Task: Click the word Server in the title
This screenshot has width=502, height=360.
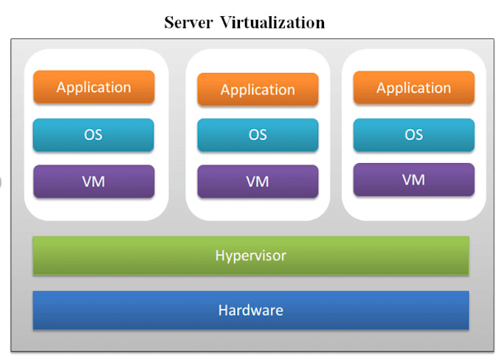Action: pos(188,22)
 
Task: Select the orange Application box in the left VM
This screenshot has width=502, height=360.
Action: pos(94,87)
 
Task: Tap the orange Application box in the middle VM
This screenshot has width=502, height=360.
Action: pos(258,90)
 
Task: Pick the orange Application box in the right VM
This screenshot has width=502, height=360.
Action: pos(413,88)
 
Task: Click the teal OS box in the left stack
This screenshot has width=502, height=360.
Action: pos(94,135)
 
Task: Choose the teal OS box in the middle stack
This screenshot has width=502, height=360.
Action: pos(258,135)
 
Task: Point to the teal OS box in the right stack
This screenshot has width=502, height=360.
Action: pos(413,135)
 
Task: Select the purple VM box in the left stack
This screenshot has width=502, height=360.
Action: pos(94,181)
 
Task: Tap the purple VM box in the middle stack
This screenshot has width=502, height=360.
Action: pos(258,181)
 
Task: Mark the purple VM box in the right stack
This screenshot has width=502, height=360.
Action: pos(413,179)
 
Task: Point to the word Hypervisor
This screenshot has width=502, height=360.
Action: pos(250,256)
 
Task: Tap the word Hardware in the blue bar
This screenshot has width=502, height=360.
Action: pos(250,310)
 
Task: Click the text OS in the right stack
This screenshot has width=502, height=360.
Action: pos(413,135)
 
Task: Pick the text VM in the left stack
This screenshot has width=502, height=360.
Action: pos(94,181)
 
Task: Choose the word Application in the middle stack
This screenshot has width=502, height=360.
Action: pos(258,90)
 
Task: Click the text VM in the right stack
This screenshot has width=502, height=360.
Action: pos(413,179)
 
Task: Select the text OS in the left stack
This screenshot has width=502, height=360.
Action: pos(94,135)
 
